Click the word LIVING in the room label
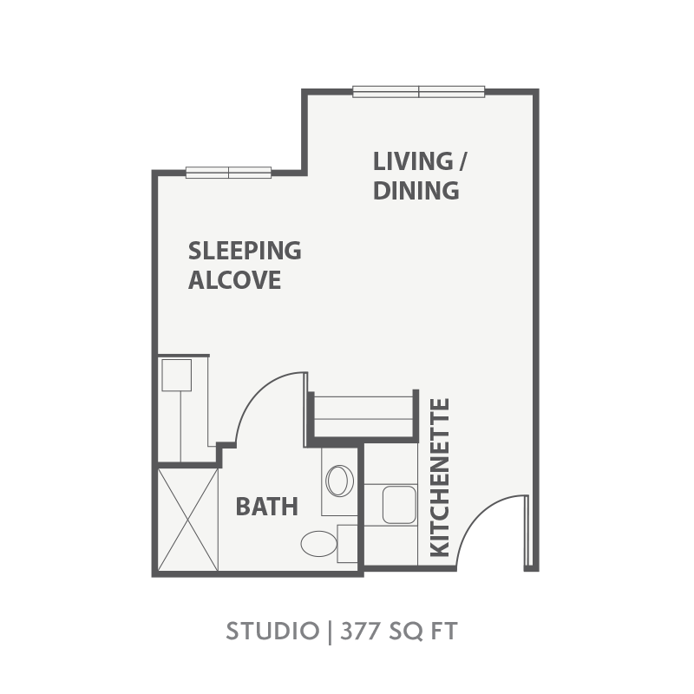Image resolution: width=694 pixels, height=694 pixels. tap(413, 161)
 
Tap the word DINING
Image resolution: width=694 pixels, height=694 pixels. tap(416, 191)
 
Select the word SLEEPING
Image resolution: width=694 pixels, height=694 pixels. tap(245, 251)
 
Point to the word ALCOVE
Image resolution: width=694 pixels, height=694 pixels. tap(234, 280)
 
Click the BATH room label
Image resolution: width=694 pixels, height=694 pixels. tap(267, 507)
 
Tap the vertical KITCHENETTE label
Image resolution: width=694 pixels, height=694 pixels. tap(440, 478)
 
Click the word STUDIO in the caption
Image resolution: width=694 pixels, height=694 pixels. tap(272, 631)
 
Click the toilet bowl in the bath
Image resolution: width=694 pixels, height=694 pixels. tap(318, 544)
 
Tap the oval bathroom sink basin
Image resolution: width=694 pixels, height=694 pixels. tap(339, 481)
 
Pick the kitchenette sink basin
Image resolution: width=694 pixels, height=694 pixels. tap(399, 505)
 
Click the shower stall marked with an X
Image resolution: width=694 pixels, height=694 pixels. tap(188, 520)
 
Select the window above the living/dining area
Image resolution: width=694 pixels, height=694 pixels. tap(419, 92)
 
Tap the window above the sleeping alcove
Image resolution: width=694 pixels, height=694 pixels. tap(228, 173)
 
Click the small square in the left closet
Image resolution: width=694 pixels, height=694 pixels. tap(177, 376)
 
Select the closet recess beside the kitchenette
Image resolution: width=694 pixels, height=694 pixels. tap(363, 416)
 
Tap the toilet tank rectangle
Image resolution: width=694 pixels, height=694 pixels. tap(348, 544)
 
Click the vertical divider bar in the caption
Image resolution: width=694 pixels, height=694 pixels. tap(330, 632)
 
